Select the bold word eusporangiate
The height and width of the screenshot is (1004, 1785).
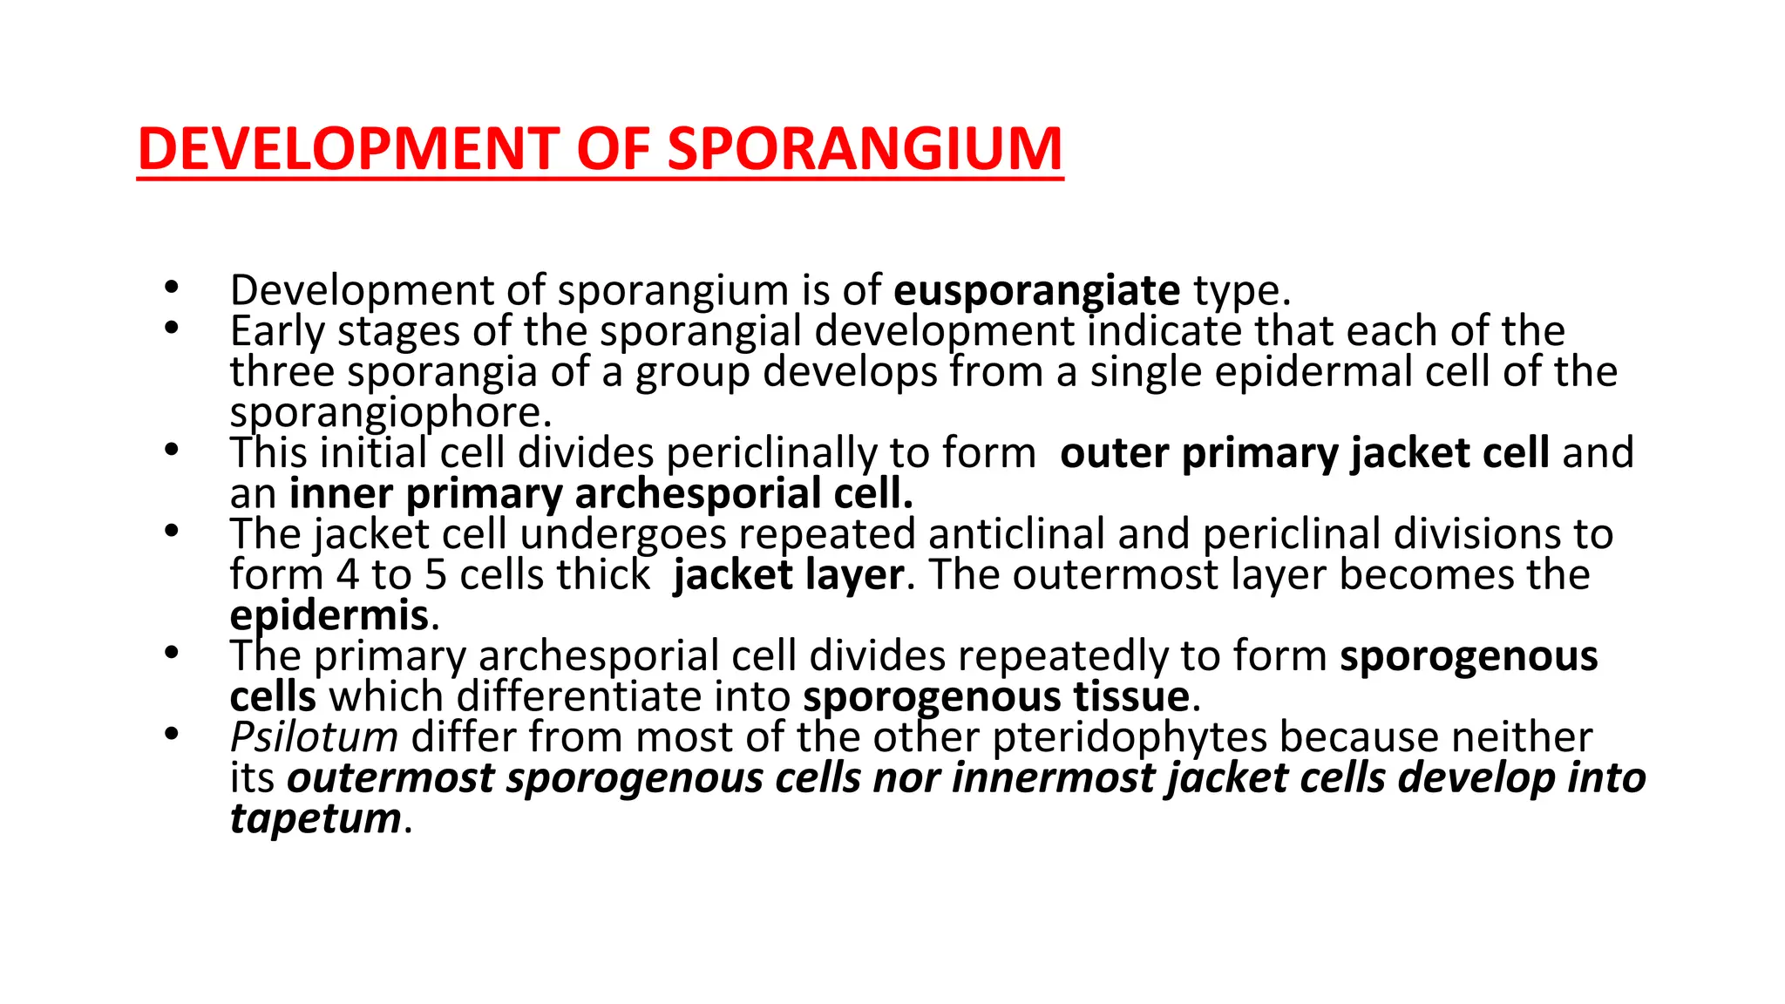1037,290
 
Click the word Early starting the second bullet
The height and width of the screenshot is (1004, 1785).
277,331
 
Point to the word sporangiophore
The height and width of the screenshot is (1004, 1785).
390,412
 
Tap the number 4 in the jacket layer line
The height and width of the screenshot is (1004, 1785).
347,575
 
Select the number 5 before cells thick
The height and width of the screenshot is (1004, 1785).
435,575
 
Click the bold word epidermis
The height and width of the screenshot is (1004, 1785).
329,616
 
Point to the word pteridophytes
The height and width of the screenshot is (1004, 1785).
1129,737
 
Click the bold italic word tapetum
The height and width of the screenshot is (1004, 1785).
316,818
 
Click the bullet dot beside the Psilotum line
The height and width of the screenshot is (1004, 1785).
171,734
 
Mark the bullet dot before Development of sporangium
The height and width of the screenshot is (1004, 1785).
171,287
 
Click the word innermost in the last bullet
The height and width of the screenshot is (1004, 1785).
1053,778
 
